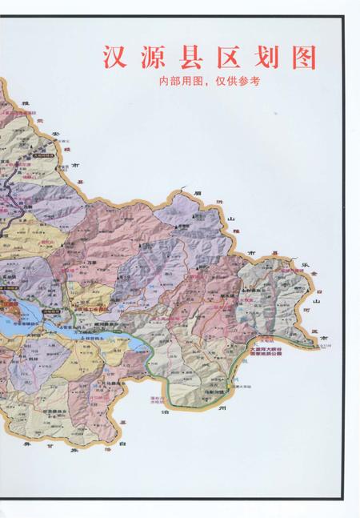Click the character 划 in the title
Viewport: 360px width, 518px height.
(264, 57)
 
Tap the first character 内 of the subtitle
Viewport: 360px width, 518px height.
(164, 81)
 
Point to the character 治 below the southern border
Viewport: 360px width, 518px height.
(165, 412)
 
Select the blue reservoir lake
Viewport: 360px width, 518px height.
(16, 324)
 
